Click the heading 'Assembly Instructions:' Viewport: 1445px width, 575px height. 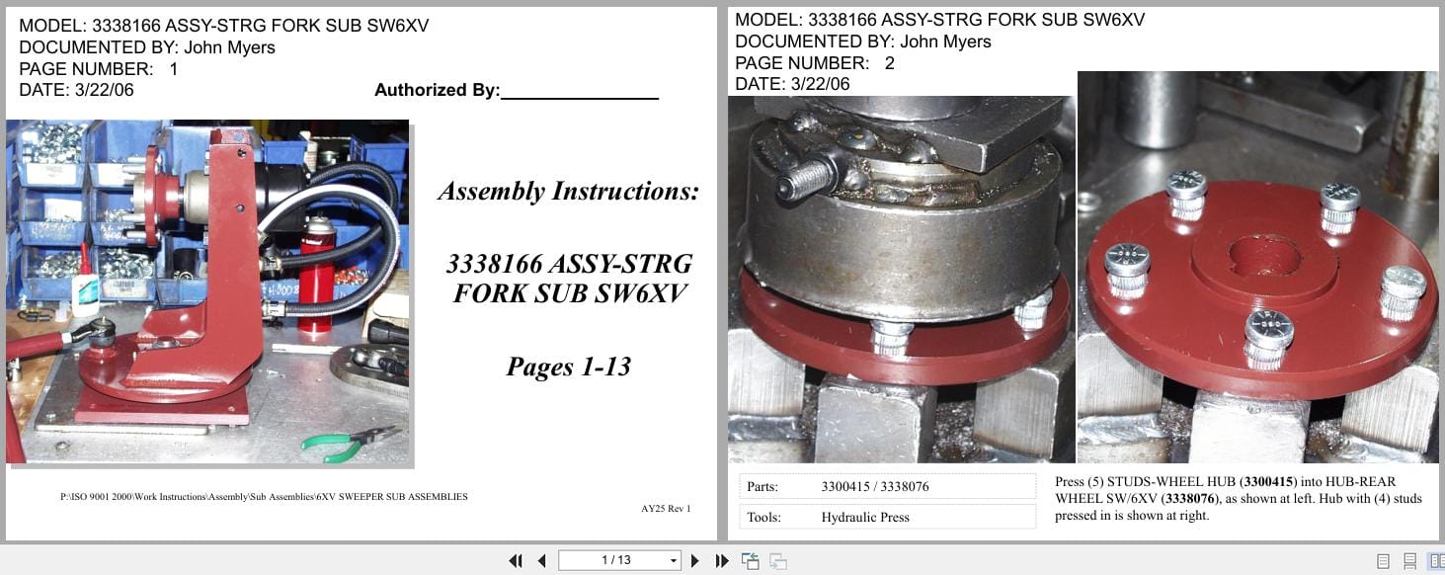coord(568,192)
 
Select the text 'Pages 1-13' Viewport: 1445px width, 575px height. coord(568,368)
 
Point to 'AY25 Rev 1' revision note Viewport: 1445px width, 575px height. coord(666,509)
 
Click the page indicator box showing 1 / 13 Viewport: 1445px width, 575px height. coord(619,560)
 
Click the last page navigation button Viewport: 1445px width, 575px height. coord(722,561)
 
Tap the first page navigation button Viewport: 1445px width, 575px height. coord(516,561)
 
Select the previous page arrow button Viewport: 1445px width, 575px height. coord(541,561)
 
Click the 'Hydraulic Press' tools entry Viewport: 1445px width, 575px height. coord(864,517)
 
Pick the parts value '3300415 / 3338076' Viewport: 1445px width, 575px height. coord(874,486)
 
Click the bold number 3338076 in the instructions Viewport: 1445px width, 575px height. coord(1191,499)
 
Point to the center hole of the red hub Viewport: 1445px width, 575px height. coord(1257,255)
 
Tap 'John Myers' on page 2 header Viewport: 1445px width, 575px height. coord(945,41)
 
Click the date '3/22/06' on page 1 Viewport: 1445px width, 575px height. coord(104,90)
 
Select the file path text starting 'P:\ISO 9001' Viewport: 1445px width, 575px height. coord(264,496)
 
